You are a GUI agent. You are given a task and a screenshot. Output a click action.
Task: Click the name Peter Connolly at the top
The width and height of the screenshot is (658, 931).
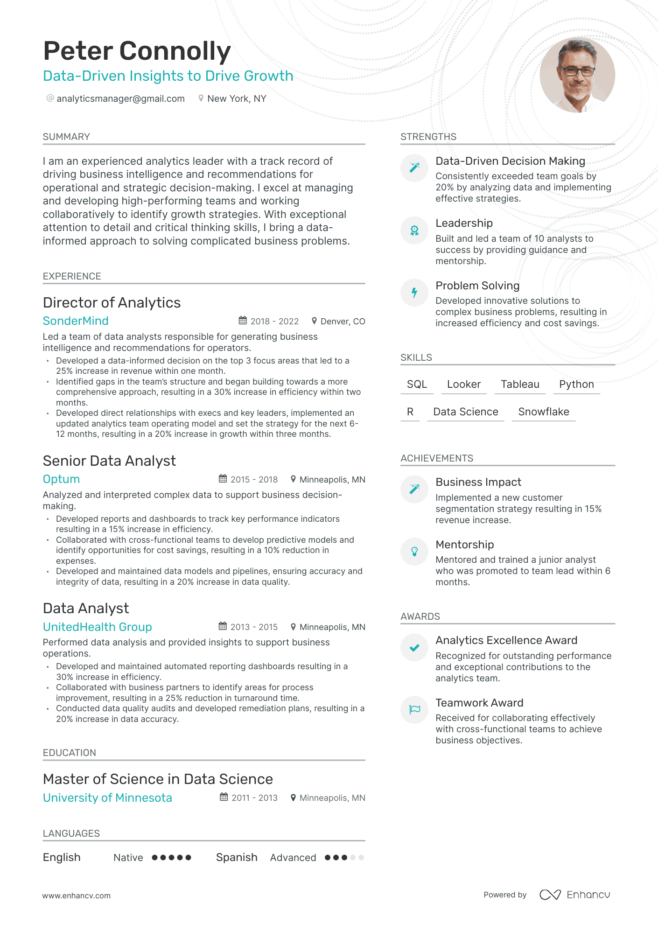137,51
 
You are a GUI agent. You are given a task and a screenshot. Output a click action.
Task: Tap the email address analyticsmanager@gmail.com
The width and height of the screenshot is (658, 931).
120,98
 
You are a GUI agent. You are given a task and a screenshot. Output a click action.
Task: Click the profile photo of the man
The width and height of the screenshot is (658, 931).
577,75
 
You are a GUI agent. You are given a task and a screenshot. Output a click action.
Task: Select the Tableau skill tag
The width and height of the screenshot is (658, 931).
520,385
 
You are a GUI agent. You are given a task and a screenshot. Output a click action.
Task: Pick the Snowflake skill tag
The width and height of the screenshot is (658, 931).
543,412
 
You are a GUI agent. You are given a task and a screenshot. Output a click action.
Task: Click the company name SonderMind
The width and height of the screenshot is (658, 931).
76,321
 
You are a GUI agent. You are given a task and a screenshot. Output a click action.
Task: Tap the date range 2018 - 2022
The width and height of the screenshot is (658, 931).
274,322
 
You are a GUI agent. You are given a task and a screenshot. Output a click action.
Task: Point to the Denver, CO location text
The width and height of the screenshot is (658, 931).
343,322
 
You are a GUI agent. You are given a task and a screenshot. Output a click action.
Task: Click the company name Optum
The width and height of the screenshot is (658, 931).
61,479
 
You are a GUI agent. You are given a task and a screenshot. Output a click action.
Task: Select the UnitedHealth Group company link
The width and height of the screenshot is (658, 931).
97,627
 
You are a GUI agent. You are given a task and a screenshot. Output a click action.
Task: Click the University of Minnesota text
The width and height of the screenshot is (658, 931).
107,798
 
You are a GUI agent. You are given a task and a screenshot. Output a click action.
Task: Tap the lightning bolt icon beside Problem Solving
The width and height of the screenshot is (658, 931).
414,293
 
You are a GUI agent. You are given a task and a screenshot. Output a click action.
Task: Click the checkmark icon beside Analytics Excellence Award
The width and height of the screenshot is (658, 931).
414,648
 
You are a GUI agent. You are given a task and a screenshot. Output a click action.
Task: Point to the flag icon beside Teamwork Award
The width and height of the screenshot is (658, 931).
414,710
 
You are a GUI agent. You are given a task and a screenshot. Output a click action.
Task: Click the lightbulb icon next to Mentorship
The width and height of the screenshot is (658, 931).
414,552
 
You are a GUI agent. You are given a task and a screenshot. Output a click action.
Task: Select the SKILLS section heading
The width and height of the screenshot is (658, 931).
416,357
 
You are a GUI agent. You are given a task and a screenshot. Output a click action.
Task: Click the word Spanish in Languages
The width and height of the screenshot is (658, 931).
237,858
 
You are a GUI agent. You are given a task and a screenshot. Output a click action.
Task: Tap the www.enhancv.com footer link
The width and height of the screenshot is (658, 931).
77,896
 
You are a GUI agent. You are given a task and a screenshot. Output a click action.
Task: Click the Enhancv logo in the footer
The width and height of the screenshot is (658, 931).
574,895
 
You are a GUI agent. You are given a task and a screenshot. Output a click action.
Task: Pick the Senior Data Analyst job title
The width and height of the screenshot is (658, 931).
109,461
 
